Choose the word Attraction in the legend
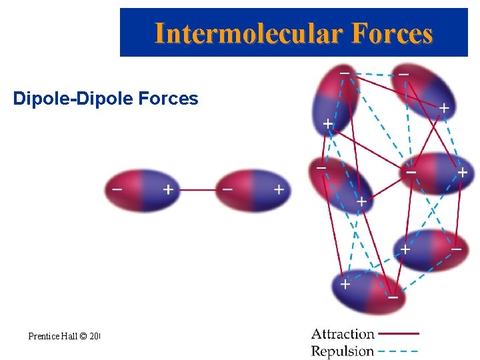[343, 333]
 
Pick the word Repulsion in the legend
[343, 351]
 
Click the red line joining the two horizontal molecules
[198, 190]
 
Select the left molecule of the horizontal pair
[142, 191]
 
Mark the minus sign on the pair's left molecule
[117, 189]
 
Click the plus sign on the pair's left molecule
[168, 189]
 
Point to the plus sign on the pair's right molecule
[279, 190]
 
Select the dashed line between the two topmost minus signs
[374, 74]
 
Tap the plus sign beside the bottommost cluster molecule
[345, 284]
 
